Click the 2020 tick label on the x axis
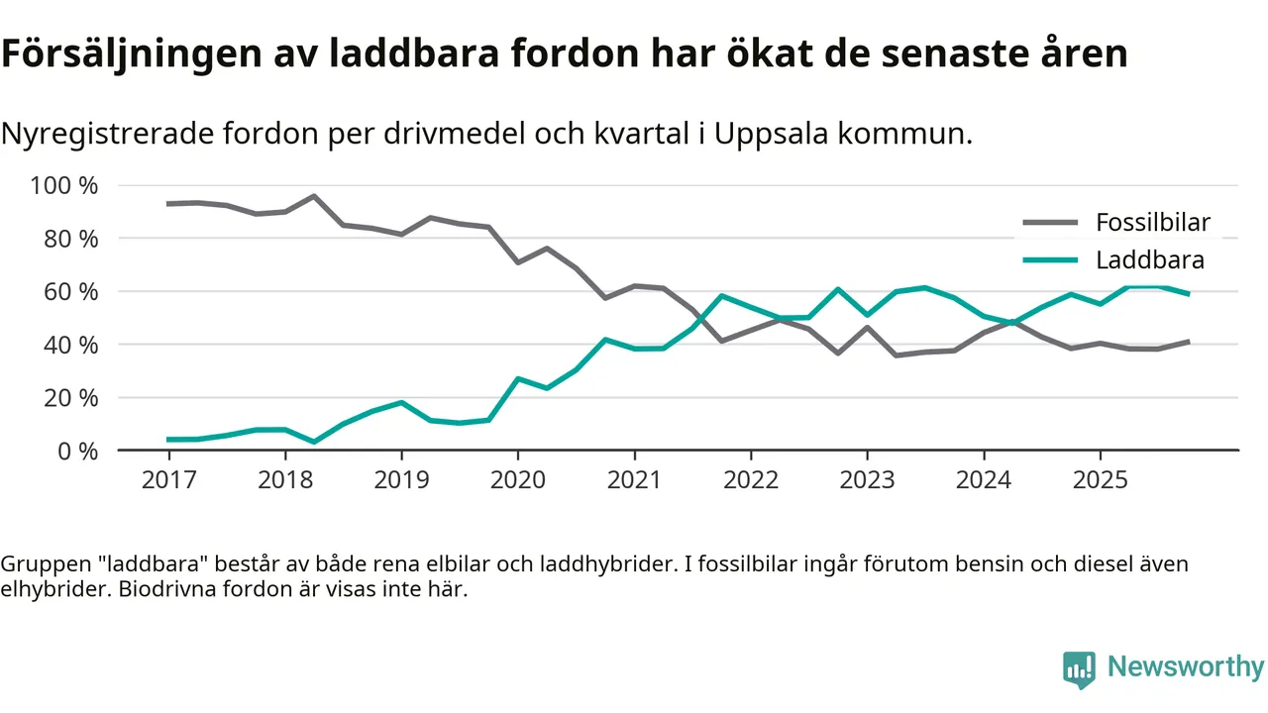(x=518, y=480)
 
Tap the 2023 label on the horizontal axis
(x=867, y=480)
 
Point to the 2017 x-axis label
(x=168, y=480)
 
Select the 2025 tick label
(x=1100, y=480)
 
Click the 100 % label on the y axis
(x=64, y=186)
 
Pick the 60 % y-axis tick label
(x=70, y=292)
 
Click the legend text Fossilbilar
(x=1152, y=223)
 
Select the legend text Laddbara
(x=1149, y=260)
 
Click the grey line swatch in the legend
(x=1049, y=223)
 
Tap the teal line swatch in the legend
(x=1049, y=260)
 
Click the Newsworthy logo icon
(x=1079, y=669)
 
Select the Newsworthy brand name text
(x=1185, y=667)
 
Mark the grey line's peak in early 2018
(x=314, y=196)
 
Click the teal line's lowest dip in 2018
(x=314, y=442)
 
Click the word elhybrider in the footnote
(x=46, y=590)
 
